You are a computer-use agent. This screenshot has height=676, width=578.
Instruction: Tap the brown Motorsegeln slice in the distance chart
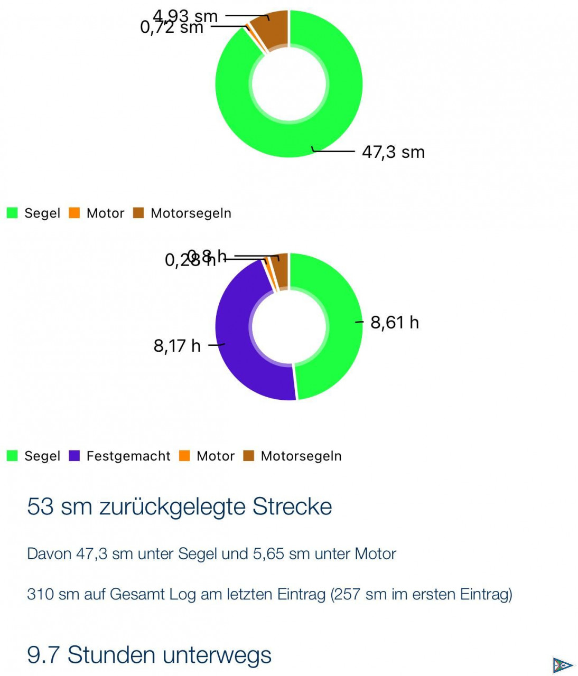(x=273, y=30)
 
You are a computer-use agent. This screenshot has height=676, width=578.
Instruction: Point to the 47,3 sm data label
(x=393, y=152)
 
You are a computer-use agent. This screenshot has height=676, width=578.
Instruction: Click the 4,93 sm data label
(x=185, y=16)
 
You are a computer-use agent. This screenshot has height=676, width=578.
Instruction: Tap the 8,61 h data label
(x=394, y=322)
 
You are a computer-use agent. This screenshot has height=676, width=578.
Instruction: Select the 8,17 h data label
(x=177, y=346)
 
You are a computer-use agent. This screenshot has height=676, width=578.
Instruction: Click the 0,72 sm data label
(x=172, y=27)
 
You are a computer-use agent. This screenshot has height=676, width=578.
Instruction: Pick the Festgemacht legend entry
(x=128, y=456)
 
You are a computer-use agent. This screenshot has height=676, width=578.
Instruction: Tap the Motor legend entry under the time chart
(x=215, y=456)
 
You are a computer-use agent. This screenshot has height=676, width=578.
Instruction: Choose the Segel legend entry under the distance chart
(x=42, y=213)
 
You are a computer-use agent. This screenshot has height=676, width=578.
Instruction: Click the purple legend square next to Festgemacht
(x=74, y=456)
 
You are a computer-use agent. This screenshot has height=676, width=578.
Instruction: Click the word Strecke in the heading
(x=292, y=506)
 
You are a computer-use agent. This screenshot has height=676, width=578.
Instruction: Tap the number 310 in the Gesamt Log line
(x=40, y=595)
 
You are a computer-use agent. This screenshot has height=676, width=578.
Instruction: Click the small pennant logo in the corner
(x=562, y=665)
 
